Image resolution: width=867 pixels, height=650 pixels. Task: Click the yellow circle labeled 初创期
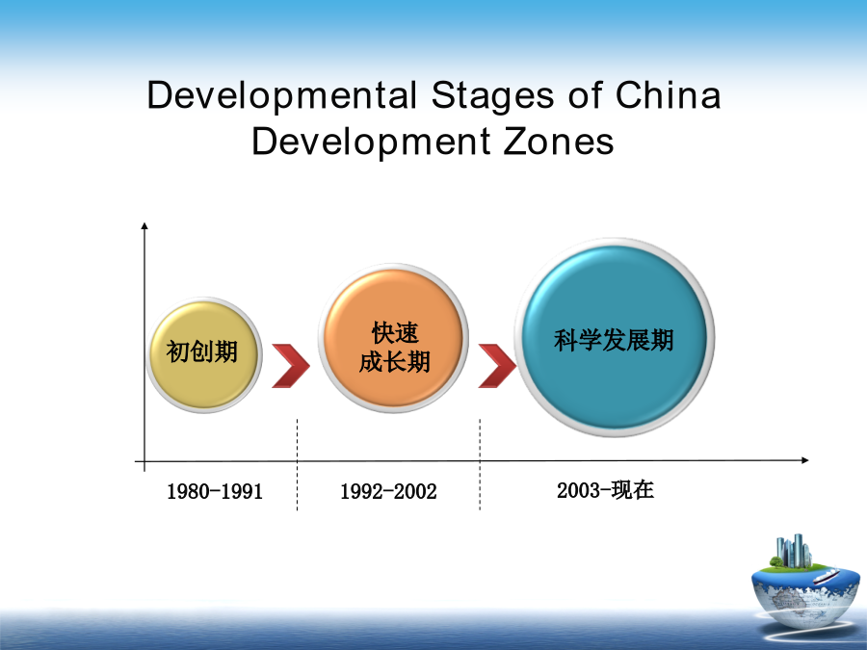[204, 354]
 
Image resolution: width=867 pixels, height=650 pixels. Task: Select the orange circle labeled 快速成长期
[393, 338]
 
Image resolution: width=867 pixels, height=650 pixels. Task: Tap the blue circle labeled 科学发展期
[615, 338]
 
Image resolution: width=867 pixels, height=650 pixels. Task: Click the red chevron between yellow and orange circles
[291, 365]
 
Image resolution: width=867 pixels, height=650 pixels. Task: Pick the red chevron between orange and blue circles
[497, 365]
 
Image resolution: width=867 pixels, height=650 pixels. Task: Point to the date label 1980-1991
[215, 491]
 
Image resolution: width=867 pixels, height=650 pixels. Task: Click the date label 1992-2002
[388, 491]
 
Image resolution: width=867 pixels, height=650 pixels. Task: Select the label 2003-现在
[606, 490]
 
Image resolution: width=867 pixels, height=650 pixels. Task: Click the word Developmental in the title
[281, 96]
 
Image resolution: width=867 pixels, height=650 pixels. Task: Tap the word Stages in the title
[492, 96]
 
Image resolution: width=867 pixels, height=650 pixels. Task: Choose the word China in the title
[668, 94]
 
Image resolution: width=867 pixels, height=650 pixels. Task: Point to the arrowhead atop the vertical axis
[144, 225]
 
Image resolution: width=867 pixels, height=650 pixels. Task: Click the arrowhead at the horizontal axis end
[805, 460]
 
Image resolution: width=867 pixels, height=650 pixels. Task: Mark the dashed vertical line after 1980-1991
[297, 464]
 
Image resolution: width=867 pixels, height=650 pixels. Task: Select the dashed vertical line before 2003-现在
[480, 464]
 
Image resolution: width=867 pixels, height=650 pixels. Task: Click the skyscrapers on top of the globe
[794, 551]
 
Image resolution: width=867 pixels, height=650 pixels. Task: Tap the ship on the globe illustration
[826, 576]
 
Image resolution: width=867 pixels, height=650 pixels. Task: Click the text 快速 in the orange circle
[395, 333]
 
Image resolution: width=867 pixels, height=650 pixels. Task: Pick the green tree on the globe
[776, 561]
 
